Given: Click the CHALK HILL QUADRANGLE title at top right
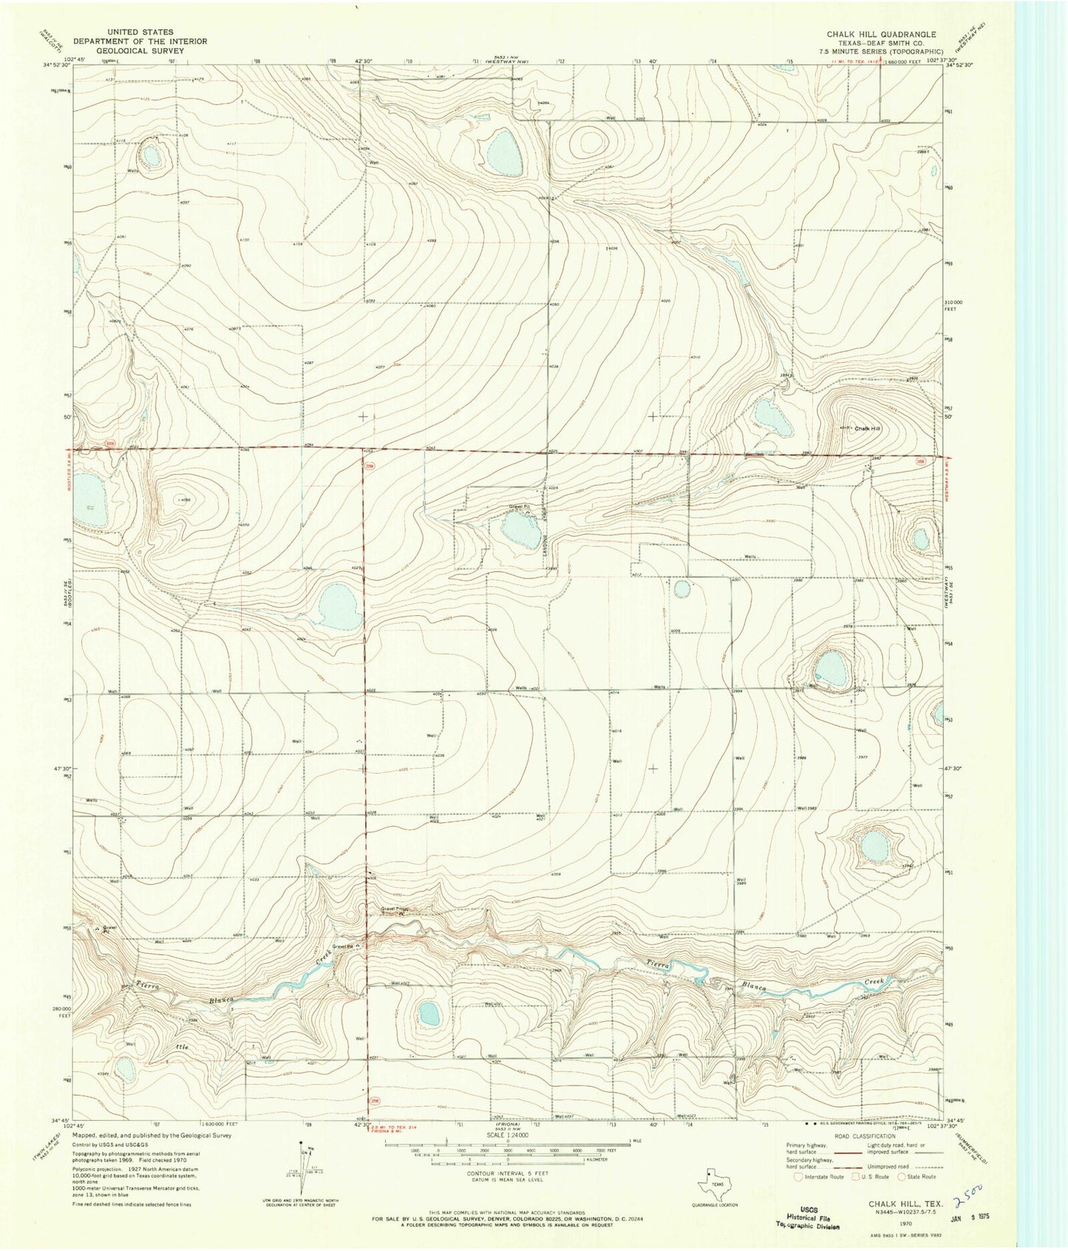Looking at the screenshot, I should coord(880,34).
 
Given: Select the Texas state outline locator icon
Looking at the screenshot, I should coord(711,1185).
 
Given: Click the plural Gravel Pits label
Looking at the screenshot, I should coord(394,909).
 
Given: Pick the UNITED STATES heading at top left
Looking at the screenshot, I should coord(140,33).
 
